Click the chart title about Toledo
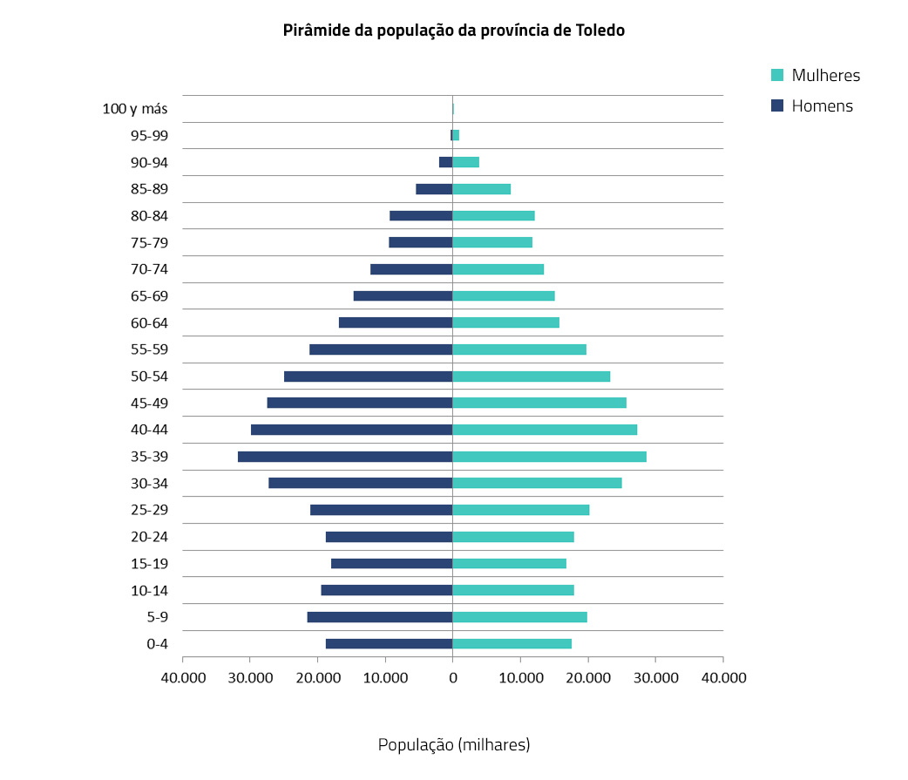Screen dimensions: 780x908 (x=454, y=31)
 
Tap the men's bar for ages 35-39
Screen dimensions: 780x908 (x=345, y=457)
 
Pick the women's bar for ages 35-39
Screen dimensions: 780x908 (x=549, y=457)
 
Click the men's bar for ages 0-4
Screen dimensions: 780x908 (x=389, y=644)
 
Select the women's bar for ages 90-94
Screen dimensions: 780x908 (x=466, y=162)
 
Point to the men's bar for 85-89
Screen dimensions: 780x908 (x=434, y=189)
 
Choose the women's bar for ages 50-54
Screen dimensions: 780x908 (x=531, y=376)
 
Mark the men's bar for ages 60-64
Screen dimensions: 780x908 (x=396, y=323)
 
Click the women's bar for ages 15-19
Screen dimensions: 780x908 (x=509, y=564)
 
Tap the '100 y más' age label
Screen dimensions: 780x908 (x=135, y=109)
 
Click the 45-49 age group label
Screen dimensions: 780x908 (x=149, y=404)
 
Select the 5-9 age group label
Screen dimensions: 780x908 (x=157, y=617)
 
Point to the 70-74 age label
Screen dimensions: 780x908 (x=149, y=269)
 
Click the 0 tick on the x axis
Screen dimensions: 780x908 (x=452, y=678)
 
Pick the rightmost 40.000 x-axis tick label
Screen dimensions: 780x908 (x=722, y=678)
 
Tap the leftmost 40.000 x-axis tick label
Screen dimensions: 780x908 (x=183, y=678)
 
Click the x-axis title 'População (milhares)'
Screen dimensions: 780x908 (x=453, y=745)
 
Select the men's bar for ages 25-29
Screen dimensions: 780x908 (x=381, y=511)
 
